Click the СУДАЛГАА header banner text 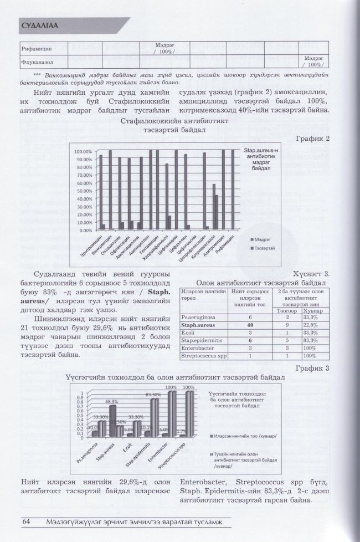(40, 25)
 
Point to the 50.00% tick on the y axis (84, 191)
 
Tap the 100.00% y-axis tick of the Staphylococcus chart (83, 151)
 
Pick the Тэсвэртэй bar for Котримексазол (217, 212)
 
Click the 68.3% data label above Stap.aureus (112, 401)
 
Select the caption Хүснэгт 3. (312, 273)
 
